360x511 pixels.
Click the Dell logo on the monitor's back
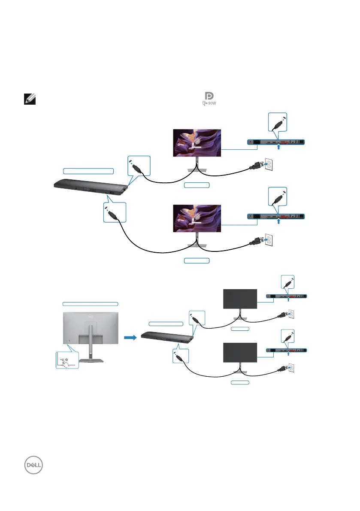pyautogui.click(x=91, y=318)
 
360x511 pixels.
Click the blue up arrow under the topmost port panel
pyautogui.click(x=279, y=148)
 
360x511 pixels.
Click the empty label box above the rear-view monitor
pyautogui.click(x=90, y=303)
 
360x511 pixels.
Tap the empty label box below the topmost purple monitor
pyautogui.click(x=197, y=185)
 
